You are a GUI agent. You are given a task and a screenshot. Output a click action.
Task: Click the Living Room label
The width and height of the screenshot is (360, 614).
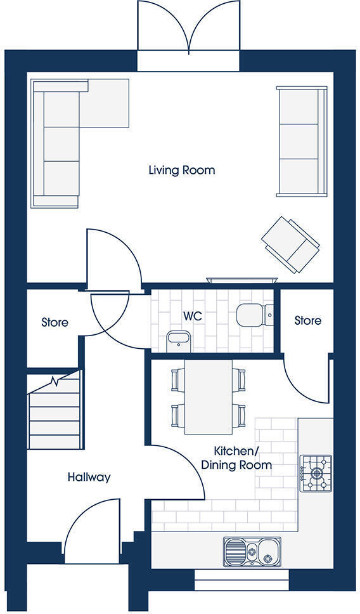181,170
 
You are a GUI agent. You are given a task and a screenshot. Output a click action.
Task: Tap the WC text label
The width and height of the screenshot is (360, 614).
193,316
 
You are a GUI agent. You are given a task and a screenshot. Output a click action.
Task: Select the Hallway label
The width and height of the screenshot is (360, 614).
89,477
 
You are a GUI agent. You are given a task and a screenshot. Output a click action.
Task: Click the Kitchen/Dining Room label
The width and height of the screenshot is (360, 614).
236,458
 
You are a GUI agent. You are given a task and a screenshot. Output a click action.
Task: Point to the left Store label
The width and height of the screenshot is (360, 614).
55,322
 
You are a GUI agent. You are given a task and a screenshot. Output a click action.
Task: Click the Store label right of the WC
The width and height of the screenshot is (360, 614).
307,321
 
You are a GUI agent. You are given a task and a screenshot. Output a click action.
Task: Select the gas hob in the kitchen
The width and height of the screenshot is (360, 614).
315,473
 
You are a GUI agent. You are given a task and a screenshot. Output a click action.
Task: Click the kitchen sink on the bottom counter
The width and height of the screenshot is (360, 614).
252,549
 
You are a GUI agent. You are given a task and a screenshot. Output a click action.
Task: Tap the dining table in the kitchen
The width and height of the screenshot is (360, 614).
209,396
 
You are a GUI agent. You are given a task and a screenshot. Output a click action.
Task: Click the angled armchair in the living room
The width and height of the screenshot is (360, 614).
290,244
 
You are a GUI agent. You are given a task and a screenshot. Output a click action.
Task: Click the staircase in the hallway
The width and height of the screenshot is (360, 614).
55,412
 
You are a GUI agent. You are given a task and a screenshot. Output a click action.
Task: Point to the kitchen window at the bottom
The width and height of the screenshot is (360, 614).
241,579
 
